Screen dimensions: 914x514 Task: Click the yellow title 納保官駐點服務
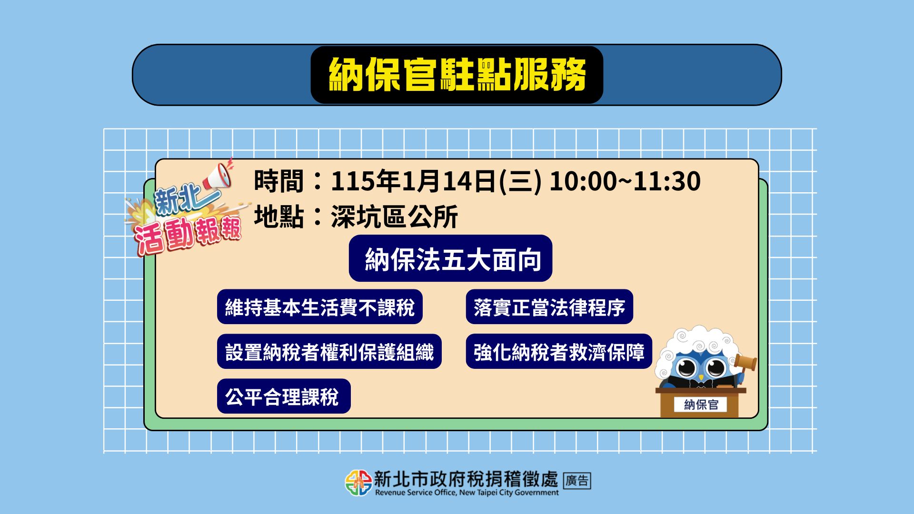click(x=457, y=75)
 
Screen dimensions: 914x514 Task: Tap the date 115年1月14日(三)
click(x=436, y=181)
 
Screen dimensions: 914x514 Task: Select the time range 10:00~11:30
click(x=625, y=181)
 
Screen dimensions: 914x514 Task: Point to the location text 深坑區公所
click(x=394, y=217)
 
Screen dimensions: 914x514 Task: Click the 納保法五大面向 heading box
click(x=450, y=258)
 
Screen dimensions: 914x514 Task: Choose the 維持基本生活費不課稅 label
click(x=320, y=307)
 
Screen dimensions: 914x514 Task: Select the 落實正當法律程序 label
click(x=549, y=307)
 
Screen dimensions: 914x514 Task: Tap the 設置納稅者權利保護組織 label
click(x=329, y=352)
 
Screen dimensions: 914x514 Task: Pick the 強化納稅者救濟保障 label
click(x=559, y=352)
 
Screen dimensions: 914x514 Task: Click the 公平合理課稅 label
click(x=284, y=396)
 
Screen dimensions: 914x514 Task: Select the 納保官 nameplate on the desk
click(x=701, y=405)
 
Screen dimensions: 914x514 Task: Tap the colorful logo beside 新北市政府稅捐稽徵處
click(x=358, y=483)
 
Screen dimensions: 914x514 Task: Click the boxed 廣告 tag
click(x=577, y=481)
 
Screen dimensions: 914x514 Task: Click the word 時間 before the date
click(x=278, y=181)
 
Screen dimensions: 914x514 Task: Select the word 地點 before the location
click(x=278, y=217)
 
